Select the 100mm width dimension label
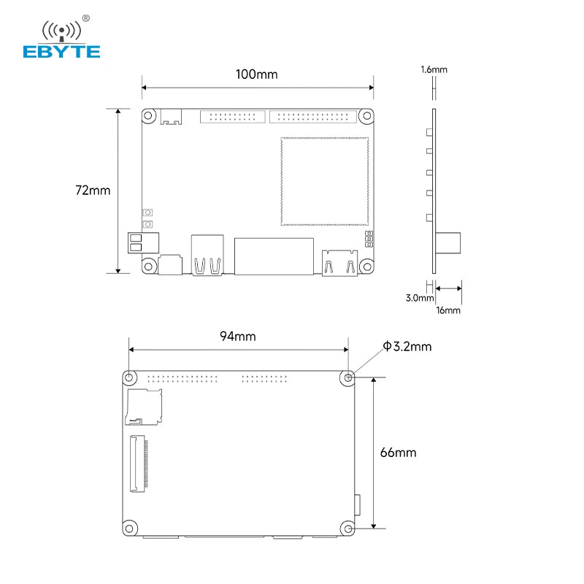[x=256, y=74]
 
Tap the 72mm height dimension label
[x=93, y=191]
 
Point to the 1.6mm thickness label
[x=434, y=70]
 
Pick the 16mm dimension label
[x=448, y=310]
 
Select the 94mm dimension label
[x=238, y=337]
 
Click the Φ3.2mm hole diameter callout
[x=407, y=346]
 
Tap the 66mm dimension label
[x=398, y=453]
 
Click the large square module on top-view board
[x=322, y=180]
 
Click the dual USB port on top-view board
[x=207, y=255]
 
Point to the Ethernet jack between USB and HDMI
[x=274, y=255]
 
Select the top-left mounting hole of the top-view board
[x=150, y=116]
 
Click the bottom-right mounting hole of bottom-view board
[x=348, y=528]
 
